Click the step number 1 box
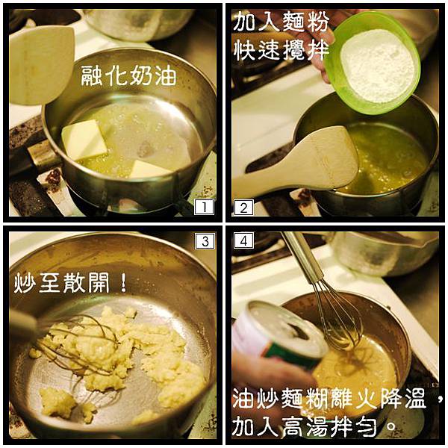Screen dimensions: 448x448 coord(204,207)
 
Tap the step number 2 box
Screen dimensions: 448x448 coord(243,208)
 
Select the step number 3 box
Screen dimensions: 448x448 coord(205,241)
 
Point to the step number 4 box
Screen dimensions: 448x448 coord(243,240)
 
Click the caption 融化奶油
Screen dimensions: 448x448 coord(128,75)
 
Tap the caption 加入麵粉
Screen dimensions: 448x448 coord(281,22)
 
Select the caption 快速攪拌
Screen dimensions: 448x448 coord(281,50)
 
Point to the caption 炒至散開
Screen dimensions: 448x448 coord(61,282)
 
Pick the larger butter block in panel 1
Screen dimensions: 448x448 coord(84,140)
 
